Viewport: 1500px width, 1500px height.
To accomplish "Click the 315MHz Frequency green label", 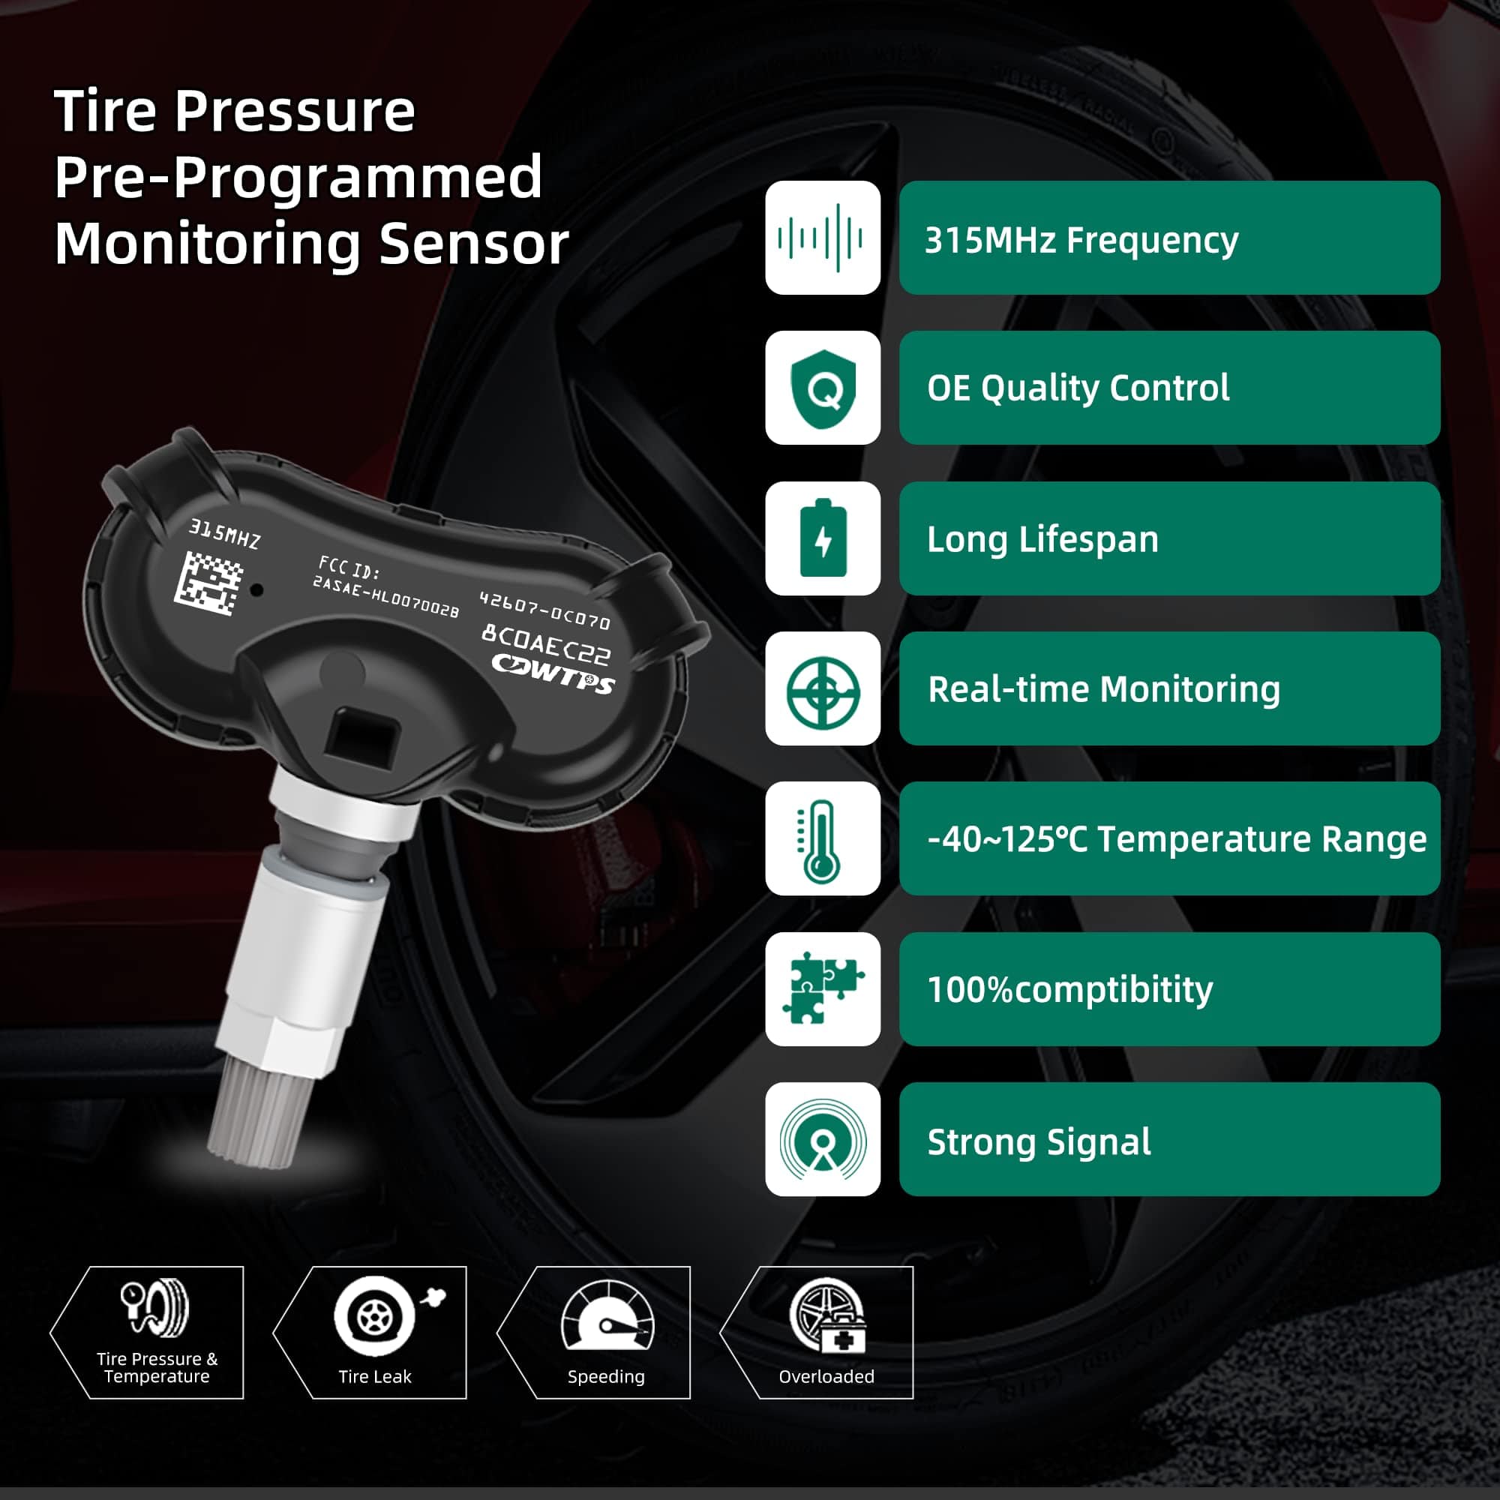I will point(1168,238).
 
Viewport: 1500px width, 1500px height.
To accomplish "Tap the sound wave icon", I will point(822,238).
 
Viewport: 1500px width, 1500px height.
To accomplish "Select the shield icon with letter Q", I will point(822,388).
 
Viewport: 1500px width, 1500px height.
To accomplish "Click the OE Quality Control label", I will point(1168,388).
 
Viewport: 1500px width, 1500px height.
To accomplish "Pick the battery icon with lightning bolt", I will point(822,538).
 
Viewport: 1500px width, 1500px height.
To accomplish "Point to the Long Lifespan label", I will point(1168,538).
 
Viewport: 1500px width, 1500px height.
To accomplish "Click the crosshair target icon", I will point(822,688).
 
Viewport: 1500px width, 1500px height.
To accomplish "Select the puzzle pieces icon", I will point(822,988).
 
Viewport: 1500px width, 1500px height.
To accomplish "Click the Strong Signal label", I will point(1168,1139).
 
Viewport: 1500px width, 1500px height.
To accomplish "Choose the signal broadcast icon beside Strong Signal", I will point(822,1139).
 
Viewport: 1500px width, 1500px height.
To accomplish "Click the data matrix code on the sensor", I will point(207,583).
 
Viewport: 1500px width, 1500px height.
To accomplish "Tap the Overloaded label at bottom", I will point(826,1376).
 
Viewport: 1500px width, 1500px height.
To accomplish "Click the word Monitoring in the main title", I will point(207,243).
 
